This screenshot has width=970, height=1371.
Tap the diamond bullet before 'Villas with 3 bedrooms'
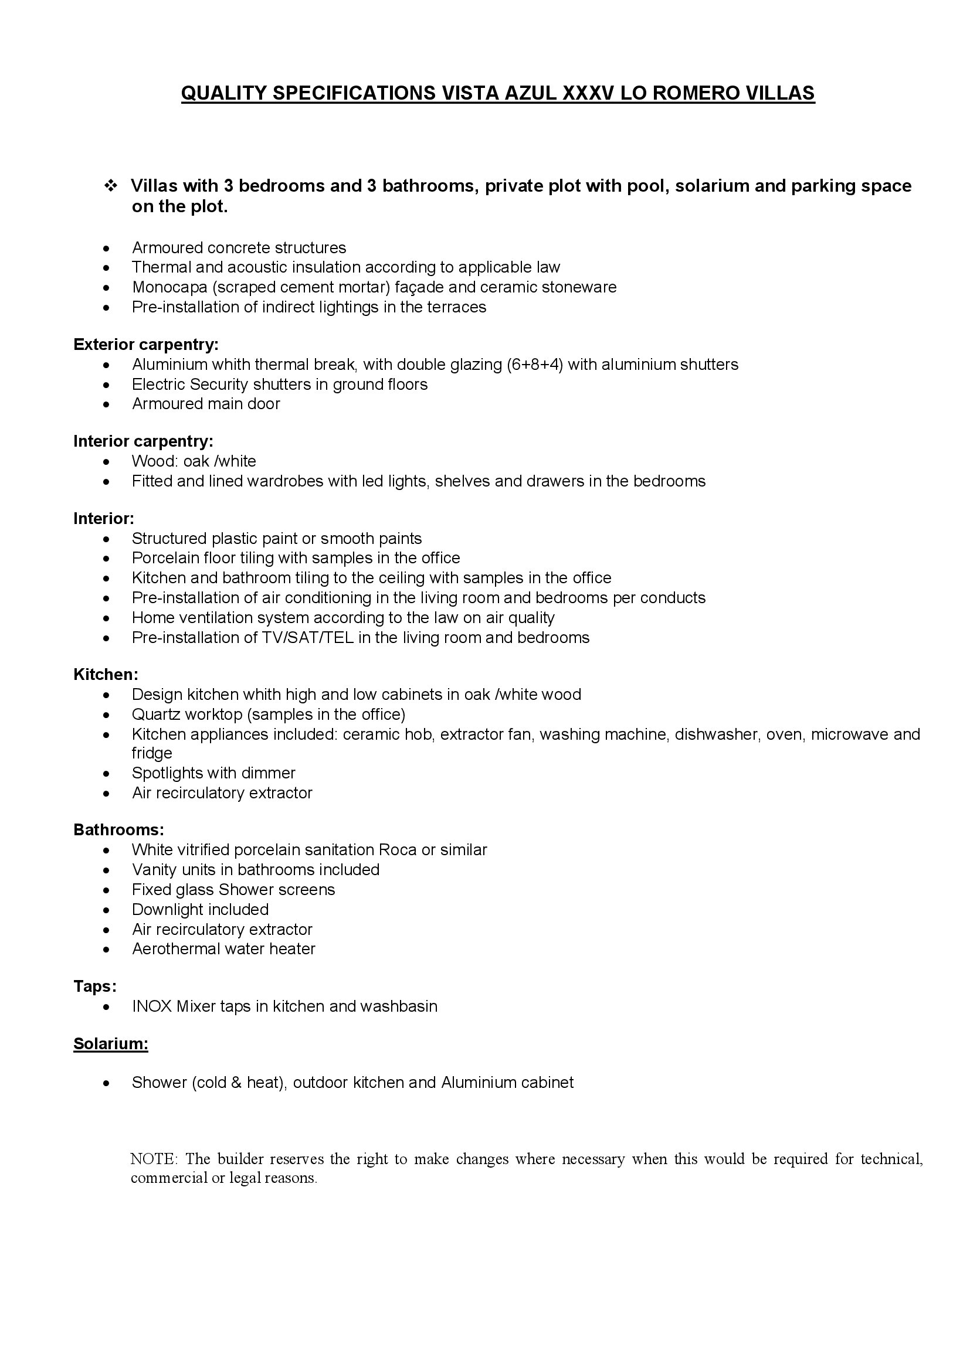[110, 186]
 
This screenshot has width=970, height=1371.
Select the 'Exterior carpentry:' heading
[146, 345]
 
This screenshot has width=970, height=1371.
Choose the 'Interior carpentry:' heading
[143, 441]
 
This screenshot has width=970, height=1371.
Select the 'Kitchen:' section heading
[106, 675]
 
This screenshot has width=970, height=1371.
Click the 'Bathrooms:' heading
[118, 830]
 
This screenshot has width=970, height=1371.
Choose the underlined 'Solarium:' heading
[110, 1044]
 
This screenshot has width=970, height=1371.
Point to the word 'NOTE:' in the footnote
[154, 1159]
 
